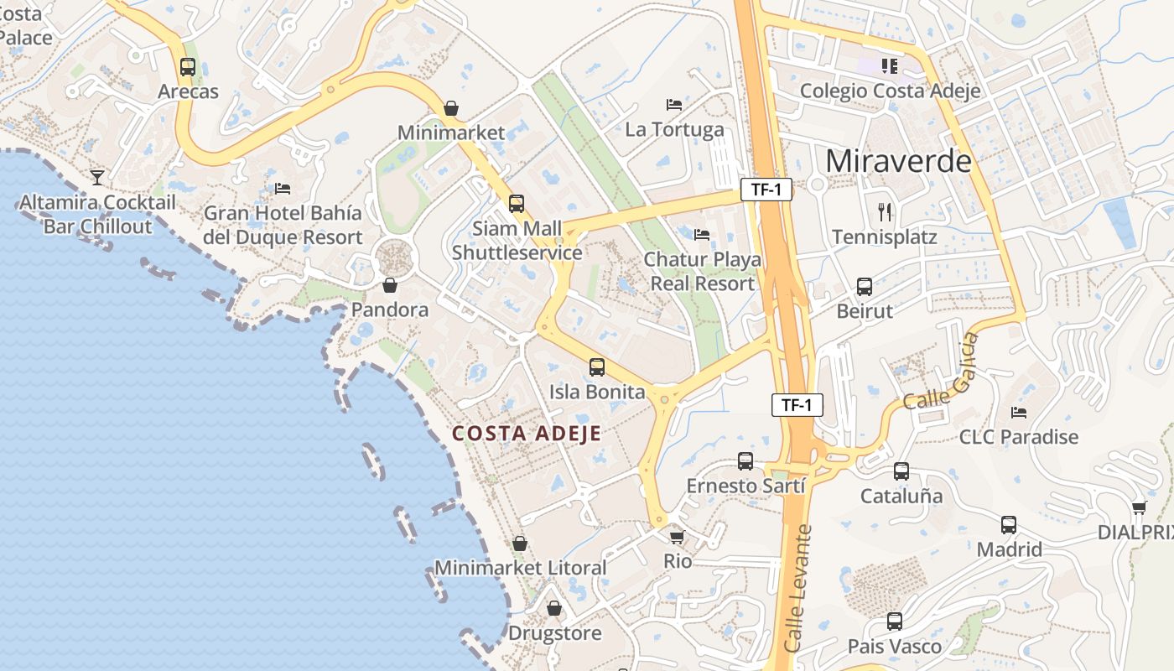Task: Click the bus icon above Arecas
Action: point(188,67)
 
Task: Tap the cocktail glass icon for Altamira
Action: point(97,177)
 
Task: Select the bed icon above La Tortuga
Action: point(674,105)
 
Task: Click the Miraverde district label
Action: point(898,160)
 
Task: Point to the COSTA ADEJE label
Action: point(527,434)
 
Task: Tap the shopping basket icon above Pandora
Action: point(390,285)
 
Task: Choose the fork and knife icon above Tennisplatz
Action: point(885,211)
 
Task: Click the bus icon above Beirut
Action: point(865,287)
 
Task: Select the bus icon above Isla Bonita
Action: point(597,367)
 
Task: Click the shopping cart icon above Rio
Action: point(677,536)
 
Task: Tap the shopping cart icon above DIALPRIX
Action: point(1139,507)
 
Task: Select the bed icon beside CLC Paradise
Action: point(1019,412)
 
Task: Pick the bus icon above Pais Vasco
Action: point(895,622)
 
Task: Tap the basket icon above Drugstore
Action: point(553,608)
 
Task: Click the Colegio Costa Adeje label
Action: point(890,91)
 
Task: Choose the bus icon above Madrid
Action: point(1009,525)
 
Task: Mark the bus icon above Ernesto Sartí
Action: point(745,460)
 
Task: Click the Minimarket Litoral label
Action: point(520,568)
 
